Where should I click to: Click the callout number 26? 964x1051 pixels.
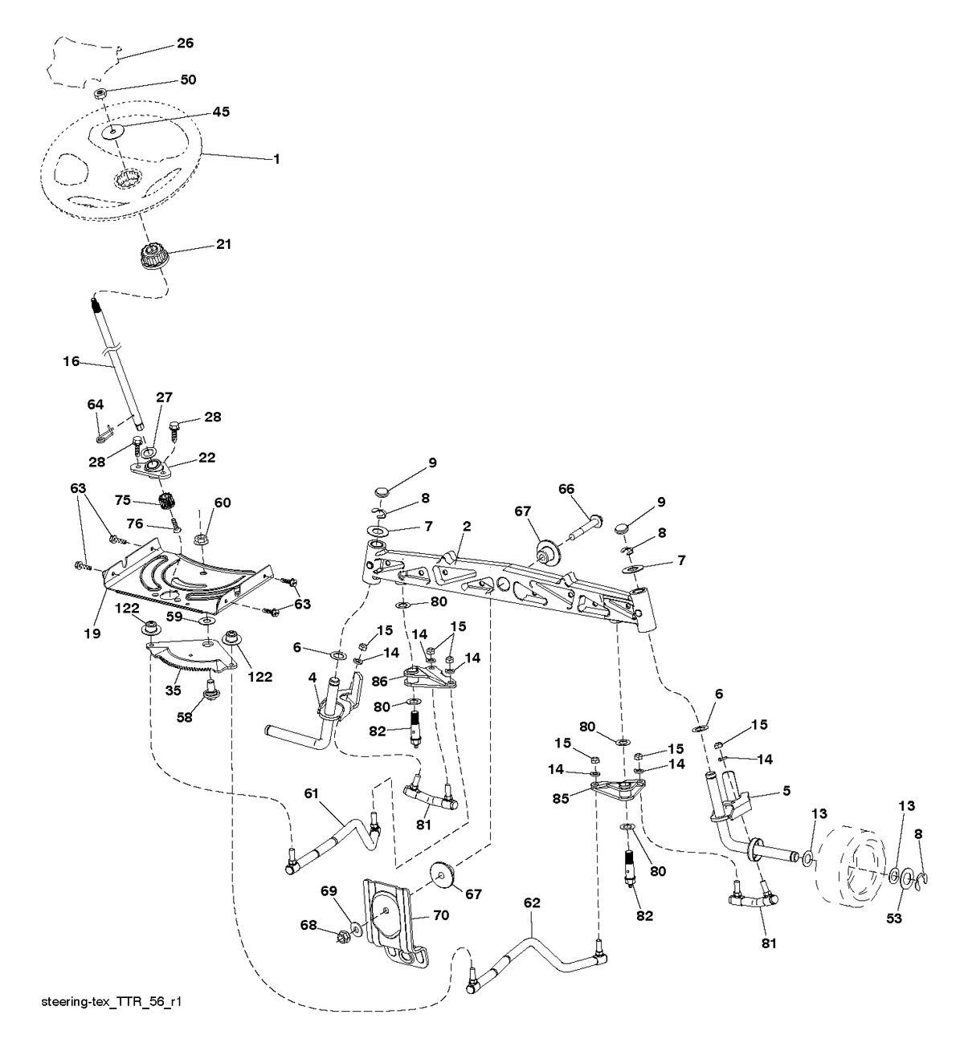click(x=185, y=43)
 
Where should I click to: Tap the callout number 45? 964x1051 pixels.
click(x=221, y=112)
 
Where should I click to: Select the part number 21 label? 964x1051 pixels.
click(x=224, y=244)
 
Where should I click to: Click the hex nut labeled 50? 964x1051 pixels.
click(x=101, y=94)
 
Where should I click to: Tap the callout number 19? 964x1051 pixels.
click(x=92, y=633)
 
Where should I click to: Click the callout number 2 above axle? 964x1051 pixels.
click(x=467, y=526)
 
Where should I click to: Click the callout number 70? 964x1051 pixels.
click(x=441, y=915)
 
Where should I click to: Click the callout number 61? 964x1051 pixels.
click(x=312, y=794)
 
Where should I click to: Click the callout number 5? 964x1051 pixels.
click(x=786, y=791)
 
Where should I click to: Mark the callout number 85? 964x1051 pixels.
click(x=561, y=799)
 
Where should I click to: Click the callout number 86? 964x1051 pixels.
click(x=379, y=681)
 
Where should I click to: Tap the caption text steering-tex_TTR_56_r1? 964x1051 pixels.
click(x=111, y=1002)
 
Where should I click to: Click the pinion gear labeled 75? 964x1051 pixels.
click(x=167, y=500)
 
